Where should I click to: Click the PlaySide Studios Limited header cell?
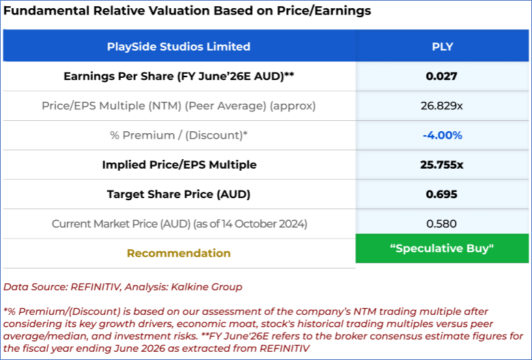pos(178,47)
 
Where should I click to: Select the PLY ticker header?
pos(442,47)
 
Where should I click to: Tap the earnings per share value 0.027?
pos(442,77)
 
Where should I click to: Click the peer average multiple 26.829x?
pos(442,106)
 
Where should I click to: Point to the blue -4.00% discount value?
pos(442,135)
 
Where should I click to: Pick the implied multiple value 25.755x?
pos(442,165)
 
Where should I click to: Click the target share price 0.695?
pos(442,194)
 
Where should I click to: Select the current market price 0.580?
pos(442,223)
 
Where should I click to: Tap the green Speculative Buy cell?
pos(442,249)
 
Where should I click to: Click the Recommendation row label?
pos(178,253)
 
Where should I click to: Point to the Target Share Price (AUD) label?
pos(178,194)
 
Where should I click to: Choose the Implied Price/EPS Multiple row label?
pos(178,165)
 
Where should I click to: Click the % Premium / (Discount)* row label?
pos(178,135)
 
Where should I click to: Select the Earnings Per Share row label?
pos(178,77)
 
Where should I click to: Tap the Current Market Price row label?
pos(178,223)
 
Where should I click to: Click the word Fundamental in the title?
pos(40,11)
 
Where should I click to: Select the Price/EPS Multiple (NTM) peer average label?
pos(178,106)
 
